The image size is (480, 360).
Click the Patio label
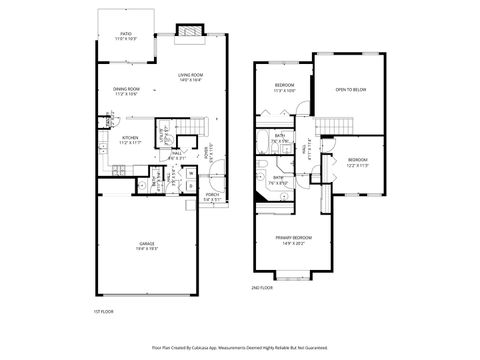click(126, 36)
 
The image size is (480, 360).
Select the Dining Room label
click(126, 91)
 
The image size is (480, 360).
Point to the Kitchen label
click(130, 139)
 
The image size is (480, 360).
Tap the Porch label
click(211, 197)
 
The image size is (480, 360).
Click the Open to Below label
click(350, 90)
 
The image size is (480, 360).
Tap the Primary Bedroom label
click(295, 239)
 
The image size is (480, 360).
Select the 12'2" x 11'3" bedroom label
click(358, 162)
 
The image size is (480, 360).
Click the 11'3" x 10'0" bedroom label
click(283, 87)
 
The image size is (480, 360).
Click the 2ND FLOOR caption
click(262, 287)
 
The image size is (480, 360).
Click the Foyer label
click(209, 158)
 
